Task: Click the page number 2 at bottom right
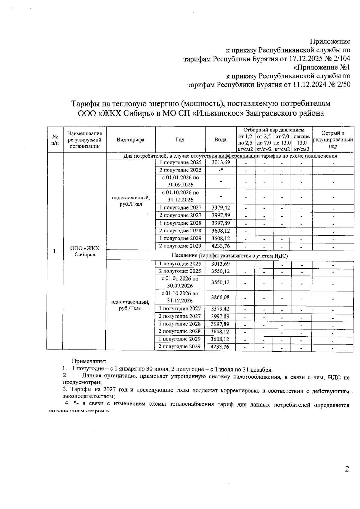click(x=347, y=477)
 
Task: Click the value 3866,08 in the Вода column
click(x=220, y=297)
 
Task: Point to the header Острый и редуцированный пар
click(x=333, y=140)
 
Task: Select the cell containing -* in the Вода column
click(x=220, y=170)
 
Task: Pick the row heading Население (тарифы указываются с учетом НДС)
click(x=229, y=256)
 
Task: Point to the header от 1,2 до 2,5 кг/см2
click(x=245, y=143)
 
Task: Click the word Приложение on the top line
click(x=330, y=41)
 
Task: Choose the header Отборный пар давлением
click(x=274, y=130)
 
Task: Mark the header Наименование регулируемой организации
click(x=85, y=140)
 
